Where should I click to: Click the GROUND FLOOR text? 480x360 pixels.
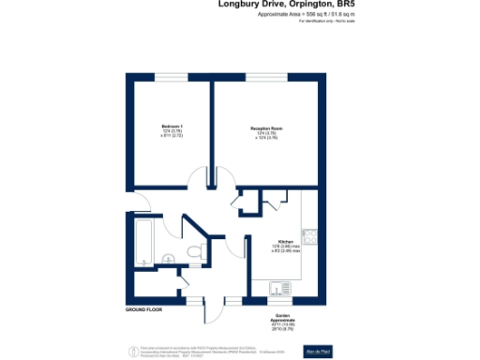[143, 308]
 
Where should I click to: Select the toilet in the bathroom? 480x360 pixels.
[193, 249]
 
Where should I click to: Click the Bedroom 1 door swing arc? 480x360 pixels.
[198, 178]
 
